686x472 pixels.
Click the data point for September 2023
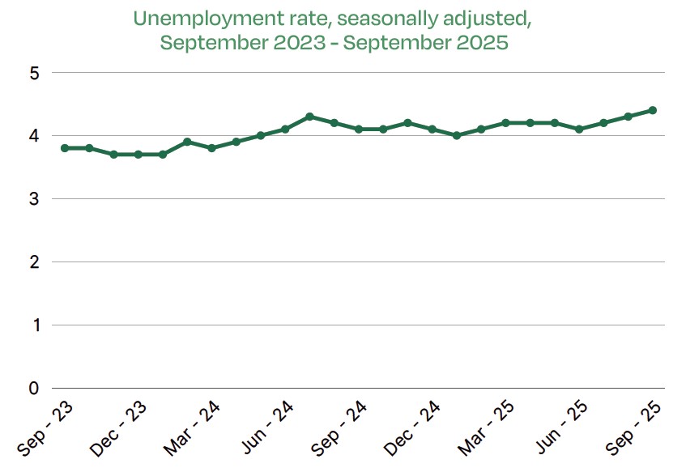tap(65, 148)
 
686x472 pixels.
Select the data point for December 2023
tap(138, 155)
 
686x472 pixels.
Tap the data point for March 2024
tap(211, 148)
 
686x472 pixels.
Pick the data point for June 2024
tap(285, 129)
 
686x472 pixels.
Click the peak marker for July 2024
tap(309, 117)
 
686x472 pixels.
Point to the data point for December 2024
tap(432, 129)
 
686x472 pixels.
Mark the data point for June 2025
tap(579, 129)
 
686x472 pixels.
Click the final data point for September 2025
tap(652, 110)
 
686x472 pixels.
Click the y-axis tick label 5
tap(34, 73)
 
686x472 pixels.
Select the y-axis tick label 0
tap(34, 389)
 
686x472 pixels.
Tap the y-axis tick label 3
tap(34, 199)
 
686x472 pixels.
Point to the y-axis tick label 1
tap(34, 325)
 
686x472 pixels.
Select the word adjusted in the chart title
tap(476, 19)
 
